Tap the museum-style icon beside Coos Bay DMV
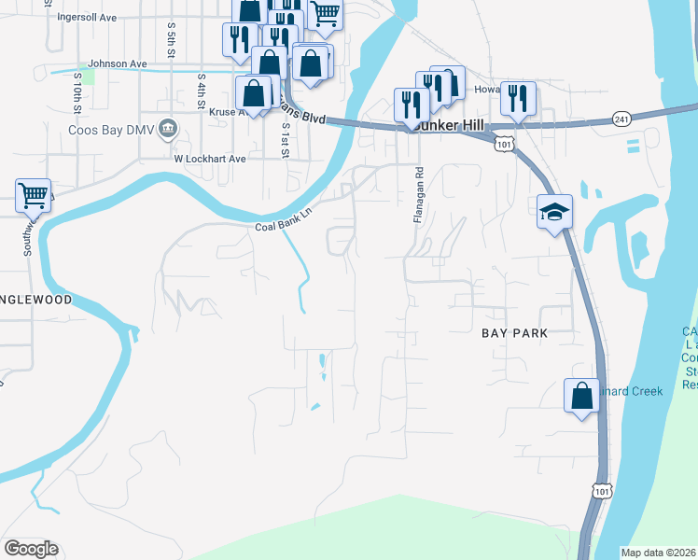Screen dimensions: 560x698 (168, 128)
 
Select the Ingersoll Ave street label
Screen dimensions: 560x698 (87, 17)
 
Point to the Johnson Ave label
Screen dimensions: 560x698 (118, 63)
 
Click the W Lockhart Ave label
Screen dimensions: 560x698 (209, 159)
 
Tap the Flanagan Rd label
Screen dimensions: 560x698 (419, 195)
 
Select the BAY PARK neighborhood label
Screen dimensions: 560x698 (513, 333)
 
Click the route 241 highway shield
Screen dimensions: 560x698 (622, 119)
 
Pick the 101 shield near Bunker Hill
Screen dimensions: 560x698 (504, 144)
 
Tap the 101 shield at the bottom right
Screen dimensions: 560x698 (603, 491)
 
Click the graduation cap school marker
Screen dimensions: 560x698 (553, 212)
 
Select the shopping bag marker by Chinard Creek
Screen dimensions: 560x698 (581, 394)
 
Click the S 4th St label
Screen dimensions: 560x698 (202, 92)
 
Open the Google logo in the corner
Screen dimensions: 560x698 (31, 549)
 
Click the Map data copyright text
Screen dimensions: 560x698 (657, 553)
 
